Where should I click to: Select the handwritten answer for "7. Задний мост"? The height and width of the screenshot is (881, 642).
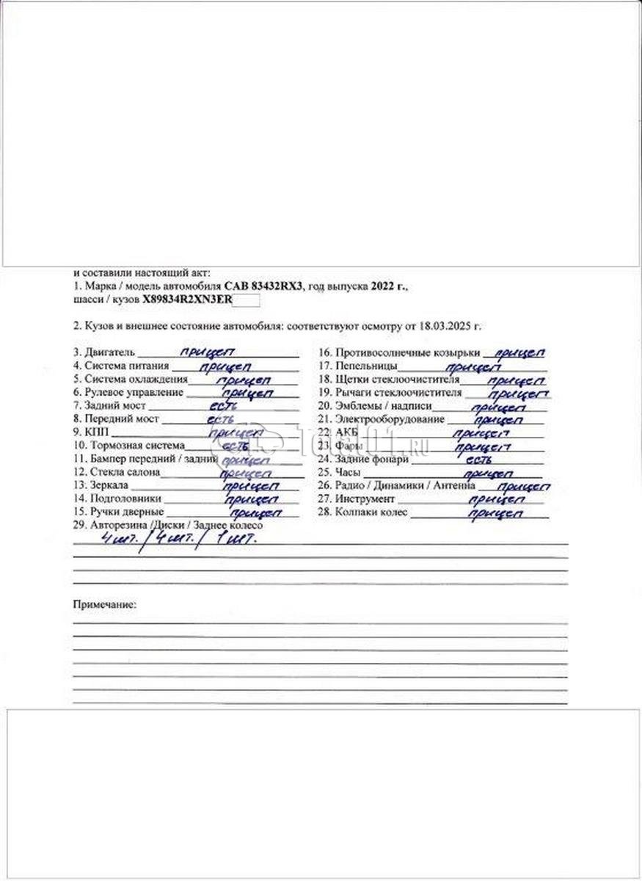coord(222,405)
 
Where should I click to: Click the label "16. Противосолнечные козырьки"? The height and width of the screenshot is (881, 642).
coord(399,352)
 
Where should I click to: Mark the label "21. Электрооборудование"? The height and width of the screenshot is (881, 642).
coord(382,419)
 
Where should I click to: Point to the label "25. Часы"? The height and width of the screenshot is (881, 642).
coord(336,472)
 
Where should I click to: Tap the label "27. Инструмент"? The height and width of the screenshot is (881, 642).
coord(356,499)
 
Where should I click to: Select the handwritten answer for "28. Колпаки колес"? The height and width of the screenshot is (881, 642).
coord(495,513)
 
